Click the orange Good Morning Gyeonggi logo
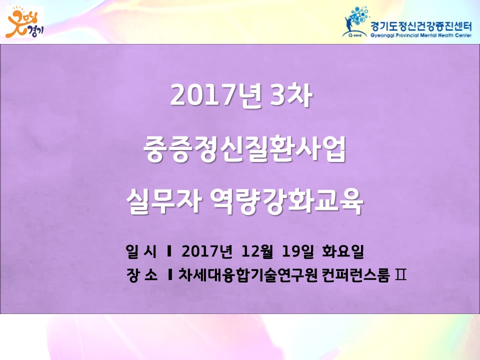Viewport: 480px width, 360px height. click(25, 22)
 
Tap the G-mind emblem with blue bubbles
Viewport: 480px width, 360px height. click(355, 22)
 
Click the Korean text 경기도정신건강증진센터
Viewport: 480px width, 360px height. click(421, 26)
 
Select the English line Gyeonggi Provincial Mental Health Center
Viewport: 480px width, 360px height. click(421, 35)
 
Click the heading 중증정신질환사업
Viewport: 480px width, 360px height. click(244, 149)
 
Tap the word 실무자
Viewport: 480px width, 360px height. click(164, 201)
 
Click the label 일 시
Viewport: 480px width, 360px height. click(141, 251)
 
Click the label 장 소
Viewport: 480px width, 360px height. click(141, 275)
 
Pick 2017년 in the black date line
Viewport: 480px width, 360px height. click(207, 251)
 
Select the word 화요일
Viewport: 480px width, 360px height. click(343, 251)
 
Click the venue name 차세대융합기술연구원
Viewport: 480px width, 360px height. click(247, 275)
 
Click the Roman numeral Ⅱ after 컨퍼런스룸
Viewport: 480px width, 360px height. click(400, 275)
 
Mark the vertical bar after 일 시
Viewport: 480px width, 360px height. click(169, 251)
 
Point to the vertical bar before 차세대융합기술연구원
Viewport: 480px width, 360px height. click(170, 275)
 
